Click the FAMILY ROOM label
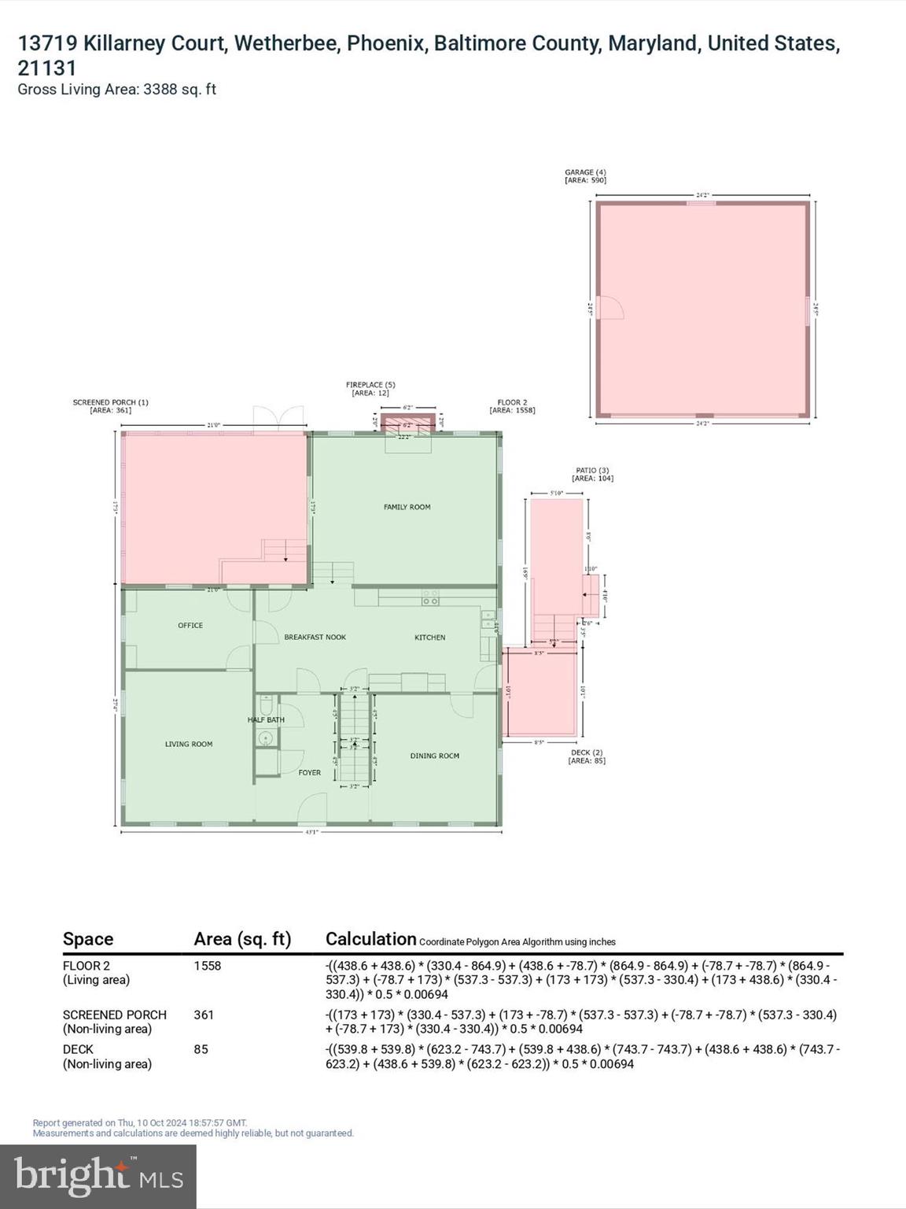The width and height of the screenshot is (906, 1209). (x=407, y=507)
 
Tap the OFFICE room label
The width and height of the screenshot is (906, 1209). (x=190, y=625)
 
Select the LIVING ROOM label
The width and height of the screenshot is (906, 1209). (x=189, y=744)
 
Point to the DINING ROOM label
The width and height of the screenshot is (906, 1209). (x=434, y=756)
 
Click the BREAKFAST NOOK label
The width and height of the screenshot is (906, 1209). (x=315, y=637)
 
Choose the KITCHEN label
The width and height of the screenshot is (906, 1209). (x=429, y=637)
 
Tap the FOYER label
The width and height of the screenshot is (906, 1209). (x=309, y=772)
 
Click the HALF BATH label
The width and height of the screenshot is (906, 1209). (x=266, y=719)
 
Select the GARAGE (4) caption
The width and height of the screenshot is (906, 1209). (x=585, y=172)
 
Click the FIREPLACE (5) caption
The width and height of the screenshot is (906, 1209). (x=370, y=385)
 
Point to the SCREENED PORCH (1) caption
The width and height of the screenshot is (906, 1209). (x=110, y=402)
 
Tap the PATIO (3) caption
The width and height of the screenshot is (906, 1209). (x=592, y=470)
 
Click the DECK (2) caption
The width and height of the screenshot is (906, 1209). (x=587, y=752)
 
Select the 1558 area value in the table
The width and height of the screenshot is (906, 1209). (x=208, y=966)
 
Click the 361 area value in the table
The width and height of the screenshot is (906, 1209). (x=204, y=1015)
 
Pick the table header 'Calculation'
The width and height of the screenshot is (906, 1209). (x=370, y=939)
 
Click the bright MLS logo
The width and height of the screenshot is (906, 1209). (x=98, y=1176)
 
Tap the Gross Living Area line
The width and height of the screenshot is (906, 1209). (x=116, y=89)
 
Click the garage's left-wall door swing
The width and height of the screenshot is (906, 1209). (x=610, y=308)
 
